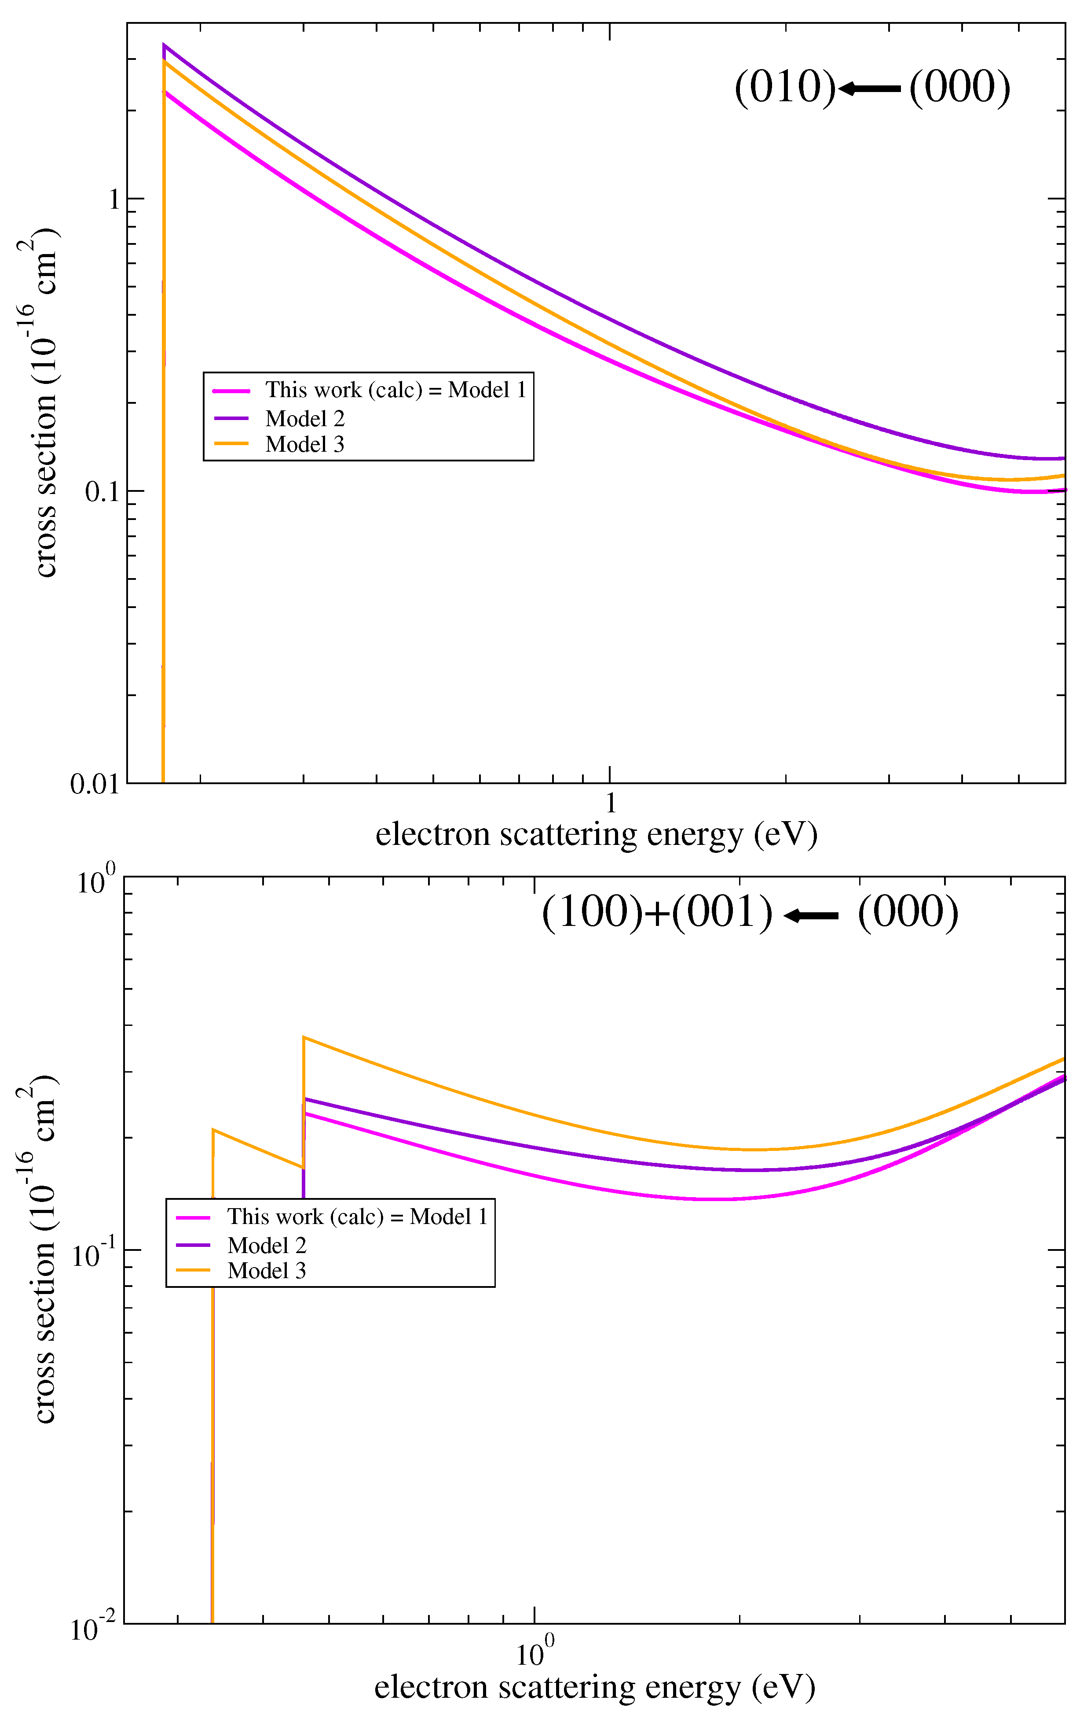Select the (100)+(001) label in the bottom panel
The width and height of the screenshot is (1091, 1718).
click(x=657, y=913)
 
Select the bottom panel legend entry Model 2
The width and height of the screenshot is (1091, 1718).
click(x=267, y=1245)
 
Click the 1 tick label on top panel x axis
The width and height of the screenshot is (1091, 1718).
click(x=611, y=804)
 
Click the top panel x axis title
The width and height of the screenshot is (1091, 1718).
click(x=596, y=834)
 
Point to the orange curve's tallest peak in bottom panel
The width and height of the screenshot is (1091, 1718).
click(x=304, y=1037)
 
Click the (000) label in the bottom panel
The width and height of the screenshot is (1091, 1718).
click(x=908, y=913)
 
